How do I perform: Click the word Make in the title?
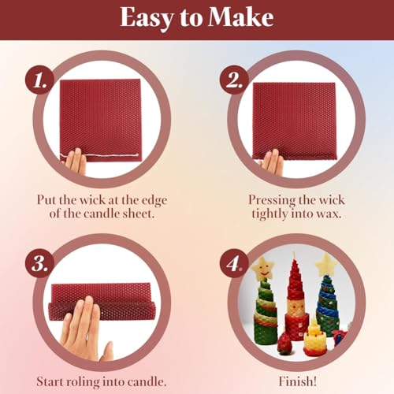pyautogui.click(x=240, y=18)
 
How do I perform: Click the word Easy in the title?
pyautogui.click(x=146, y=19)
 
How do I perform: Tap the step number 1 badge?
pyautogui.click(x=39, y=80)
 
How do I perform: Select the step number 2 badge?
pyautogui.click(x=234, y=80)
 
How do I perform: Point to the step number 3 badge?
pyautogui.click(x=39, y=263)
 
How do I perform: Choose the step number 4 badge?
pyautogui.click(x=234, y=263)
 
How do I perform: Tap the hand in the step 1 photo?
pyautogui.click(x=76, y=162)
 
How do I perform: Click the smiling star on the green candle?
pyautogui.click(x=262, y=268)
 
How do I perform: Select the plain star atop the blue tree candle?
pyautogui.click(x=326, y=265)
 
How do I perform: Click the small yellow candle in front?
pyautogui.click(x=315, y=338)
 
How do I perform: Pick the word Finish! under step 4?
pyautogui.click(x=297, y=381)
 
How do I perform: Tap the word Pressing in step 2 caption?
pyautogui.click(x=272, y=201)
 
